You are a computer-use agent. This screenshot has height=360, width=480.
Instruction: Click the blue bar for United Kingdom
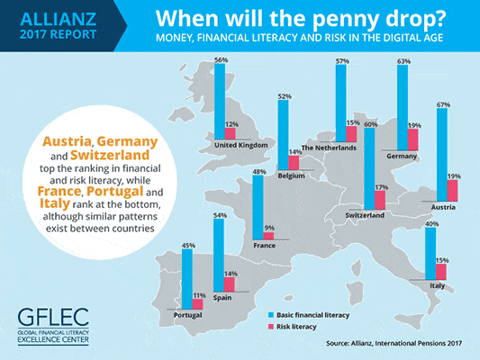[220, 102]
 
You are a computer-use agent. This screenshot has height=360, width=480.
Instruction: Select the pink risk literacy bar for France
[268, 236]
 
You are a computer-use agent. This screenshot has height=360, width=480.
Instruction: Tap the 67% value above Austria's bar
[443, 104]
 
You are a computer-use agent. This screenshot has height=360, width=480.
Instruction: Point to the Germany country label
[402, 156]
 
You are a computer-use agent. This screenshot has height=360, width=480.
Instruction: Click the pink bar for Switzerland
[380, 201]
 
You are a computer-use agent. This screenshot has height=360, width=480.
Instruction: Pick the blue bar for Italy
[430, 254]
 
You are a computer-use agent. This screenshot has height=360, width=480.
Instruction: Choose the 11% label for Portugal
[199, 295]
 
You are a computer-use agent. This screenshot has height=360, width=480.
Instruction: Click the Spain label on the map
[222, 298]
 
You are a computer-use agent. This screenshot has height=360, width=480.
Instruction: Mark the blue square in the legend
[270, 315]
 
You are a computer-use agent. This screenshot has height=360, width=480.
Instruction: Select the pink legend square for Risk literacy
[270, 327]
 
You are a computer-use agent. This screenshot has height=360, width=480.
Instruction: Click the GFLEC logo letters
[53, 317]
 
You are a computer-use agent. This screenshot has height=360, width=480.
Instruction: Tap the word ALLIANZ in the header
[59, 19]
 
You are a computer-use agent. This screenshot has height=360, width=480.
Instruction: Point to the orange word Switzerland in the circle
[110, 155]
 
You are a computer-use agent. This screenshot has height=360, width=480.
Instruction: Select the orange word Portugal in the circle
[114, 191]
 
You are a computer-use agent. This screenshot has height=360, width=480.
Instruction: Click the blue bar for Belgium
[283, 135]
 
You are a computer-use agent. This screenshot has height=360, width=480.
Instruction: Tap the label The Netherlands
[329, 148]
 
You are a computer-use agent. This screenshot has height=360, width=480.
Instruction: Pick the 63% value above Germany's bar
[403, 61]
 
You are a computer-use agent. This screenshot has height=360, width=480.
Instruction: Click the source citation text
[394, 343]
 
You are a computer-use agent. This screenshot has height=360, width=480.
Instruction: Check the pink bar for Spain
[230, 284]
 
